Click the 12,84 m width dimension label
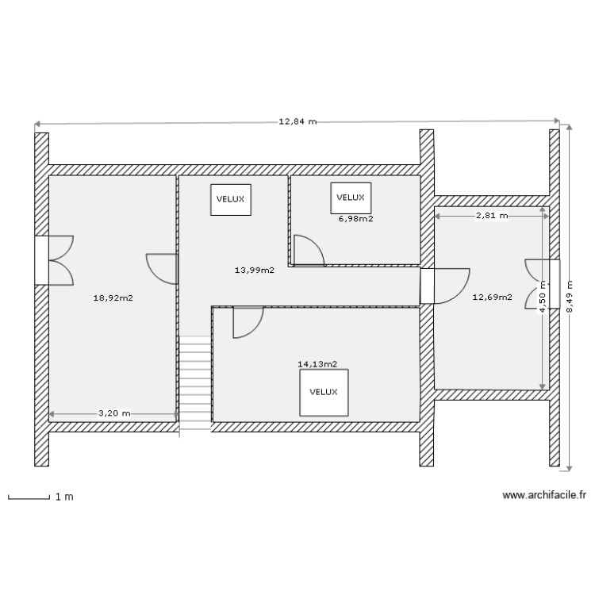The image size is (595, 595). (297, 122)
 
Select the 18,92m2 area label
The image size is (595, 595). (113, 298)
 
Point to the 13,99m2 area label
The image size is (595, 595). (255, 271)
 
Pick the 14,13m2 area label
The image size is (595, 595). (317, 364)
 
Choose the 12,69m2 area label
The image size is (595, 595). (492, 298)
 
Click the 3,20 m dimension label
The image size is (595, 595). (114, 413)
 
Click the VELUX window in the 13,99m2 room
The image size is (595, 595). (231, 199)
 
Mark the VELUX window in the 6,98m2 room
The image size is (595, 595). (351, 198)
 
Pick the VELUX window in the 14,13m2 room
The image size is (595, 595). (324, 392)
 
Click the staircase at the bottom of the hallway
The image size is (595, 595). (195, 384)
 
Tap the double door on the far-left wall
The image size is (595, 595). (57, 259)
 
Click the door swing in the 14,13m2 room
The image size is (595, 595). (248, 322)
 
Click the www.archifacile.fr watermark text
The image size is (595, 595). (544, 495)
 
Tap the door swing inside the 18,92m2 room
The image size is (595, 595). (162, 268)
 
